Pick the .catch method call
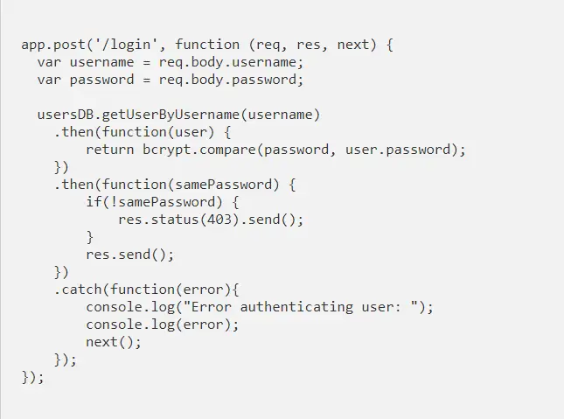[77, 290]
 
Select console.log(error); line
[162, 325]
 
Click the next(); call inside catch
[113, 342]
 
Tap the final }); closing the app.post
[33, 377]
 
